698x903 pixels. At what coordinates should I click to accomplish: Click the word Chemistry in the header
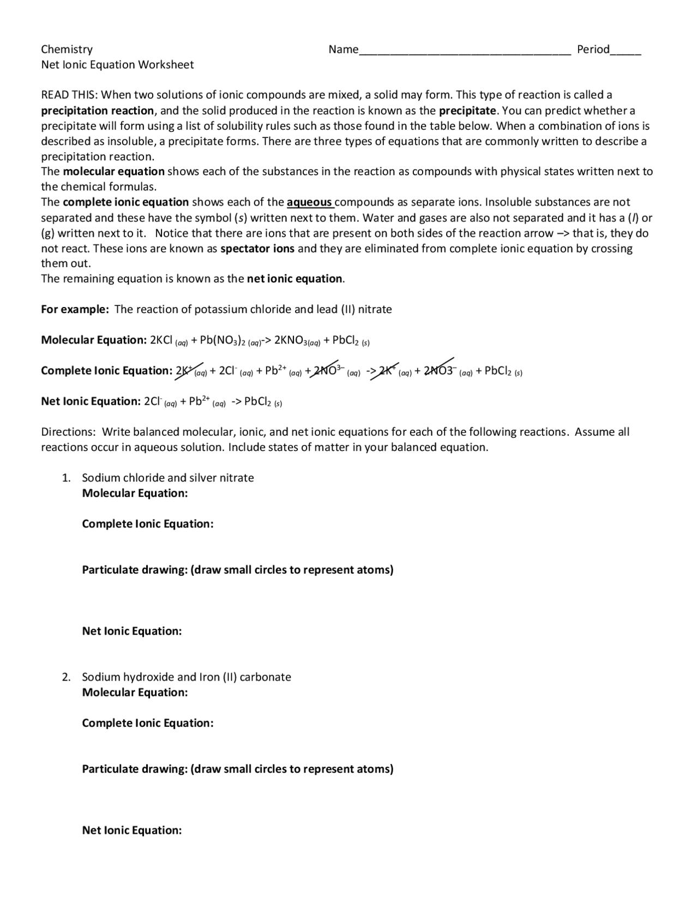67,49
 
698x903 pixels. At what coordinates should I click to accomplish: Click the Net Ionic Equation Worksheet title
117,64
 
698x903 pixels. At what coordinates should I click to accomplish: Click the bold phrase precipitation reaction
98,111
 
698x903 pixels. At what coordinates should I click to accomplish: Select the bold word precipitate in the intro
467,111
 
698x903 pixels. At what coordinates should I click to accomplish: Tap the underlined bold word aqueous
310,202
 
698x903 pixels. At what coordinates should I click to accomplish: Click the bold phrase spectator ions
257,249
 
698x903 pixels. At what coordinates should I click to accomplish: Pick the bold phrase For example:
75,309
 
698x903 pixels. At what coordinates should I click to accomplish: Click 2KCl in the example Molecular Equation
162,340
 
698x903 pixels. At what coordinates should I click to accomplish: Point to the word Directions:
69,432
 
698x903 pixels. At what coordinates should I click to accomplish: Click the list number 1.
65,478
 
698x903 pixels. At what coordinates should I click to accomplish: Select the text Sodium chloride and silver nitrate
167,478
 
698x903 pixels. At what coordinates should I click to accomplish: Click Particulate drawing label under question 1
237,570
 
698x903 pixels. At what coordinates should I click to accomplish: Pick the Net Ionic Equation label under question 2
131,830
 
